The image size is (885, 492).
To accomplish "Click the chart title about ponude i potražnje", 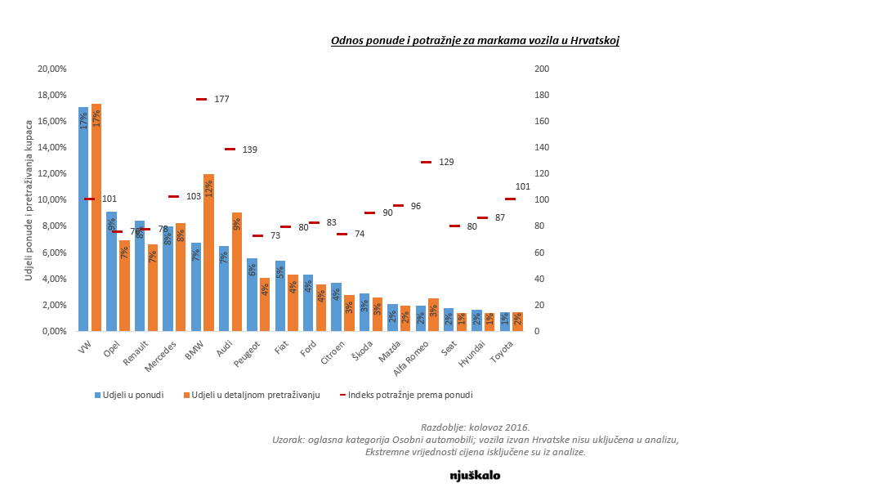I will tap(475, 41).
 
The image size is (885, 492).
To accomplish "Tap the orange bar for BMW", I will tap(209, 253).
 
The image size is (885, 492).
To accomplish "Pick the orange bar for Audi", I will tap(237, 271).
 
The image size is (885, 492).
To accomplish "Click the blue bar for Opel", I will tap(111, 271).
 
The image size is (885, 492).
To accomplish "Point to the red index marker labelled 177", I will tap(201, 99).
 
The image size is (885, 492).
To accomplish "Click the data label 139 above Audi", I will tap(249, 150).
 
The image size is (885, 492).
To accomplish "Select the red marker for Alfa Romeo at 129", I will tap(426, 162).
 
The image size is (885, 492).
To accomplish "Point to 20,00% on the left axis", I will tap(52, 69).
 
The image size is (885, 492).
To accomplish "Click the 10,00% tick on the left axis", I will tap(52, 200).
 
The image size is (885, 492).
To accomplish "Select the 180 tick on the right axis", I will tap(541, 95).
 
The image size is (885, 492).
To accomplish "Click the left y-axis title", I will tap(29, 199).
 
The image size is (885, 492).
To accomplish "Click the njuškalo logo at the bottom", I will tap(475, 475).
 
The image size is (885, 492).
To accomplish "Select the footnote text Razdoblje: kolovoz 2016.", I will tap(475, 427).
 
